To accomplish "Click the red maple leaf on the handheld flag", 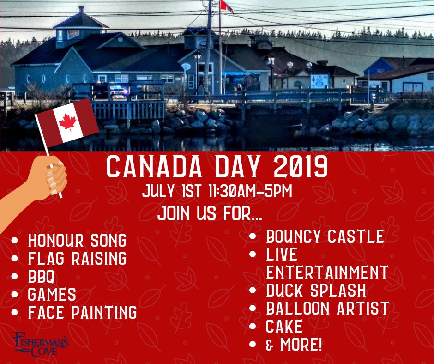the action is click(x=67, y=122).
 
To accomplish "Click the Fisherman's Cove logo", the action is click(x=41, y=344).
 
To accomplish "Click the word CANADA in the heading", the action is click(x=155, y=167).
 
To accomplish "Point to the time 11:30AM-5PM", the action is click(x=250, y=191).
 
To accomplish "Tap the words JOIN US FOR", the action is click(x=209, y=213).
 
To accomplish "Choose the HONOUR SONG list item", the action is click(x=77, y=240).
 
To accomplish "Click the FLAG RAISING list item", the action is click(x=77, y=258).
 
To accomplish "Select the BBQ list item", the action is click(x=41, y=276).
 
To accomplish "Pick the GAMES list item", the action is click(x=52, y=294).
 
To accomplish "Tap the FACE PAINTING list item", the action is click(x=83, y=312).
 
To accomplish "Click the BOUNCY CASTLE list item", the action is click(x=325, y=237).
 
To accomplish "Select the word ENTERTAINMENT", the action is click(x=327, y=272).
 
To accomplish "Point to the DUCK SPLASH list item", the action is click(x=316, y=290).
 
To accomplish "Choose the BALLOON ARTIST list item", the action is click(x=327, y=308).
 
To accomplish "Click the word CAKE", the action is click(x=284, y=326).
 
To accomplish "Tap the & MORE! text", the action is click(x=294, y=344).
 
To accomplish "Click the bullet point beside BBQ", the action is click(x=15, y=276).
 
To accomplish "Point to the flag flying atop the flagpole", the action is click(x=227, y=6).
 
